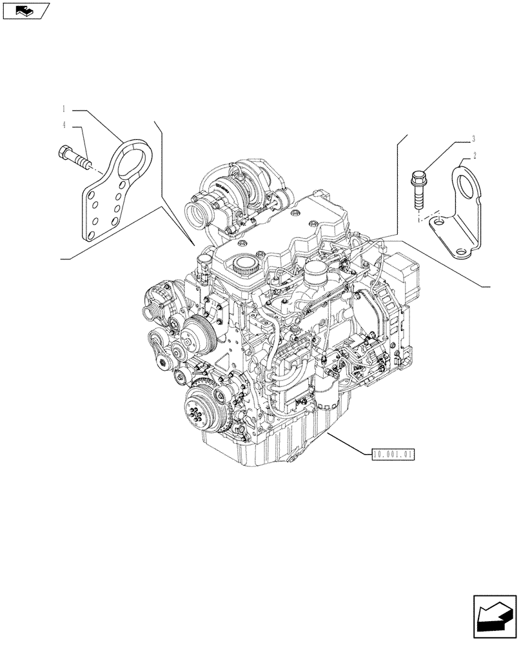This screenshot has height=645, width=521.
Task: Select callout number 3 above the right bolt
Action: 474,138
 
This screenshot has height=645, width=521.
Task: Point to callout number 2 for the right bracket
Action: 474,155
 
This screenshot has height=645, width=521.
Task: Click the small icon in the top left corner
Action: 25,10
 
